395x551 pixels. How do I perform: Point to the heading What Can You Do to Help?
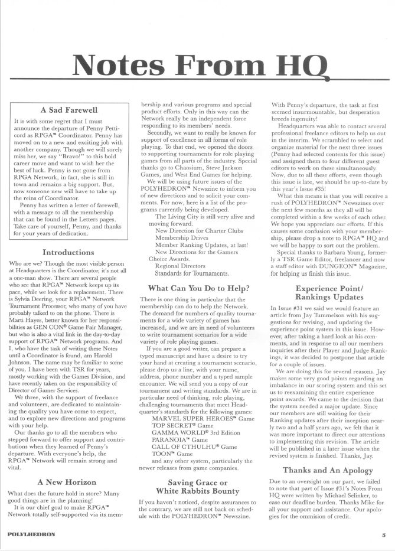coord(198,288)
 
